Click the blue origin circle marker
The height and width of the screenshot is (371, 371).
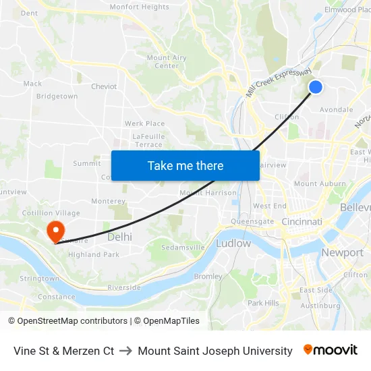point(315,87)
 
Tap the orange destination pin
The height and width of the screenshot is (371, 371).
point(55,231)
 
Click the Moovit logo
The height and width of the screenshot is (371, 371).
point(331,350)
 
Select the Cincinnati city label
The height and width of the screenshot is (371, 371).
point(302,222)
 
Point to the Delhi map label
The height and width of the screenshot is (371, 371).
point(119,237)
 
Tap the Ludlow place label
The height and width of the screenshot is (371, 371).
point(233,243)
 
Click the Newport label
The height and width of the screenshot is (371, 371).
point(342,252)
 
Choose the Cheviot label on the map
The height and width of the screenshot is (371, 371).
point(104,86)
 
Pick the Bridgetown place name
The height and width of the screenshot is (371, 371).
point(57,96)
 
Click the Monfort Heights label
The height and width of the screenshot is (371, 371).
point(139,7)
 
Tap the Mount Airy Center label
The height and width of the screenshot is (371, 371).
point(167,62)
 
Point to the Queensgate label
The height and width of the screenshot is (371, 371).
point(252,221)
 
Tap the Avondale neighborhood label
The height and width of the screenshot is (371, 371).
point(336,109)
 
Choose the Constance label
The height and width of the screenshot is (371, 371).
point(56,296)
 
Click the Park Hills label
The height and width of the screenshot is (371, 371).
point(263,303)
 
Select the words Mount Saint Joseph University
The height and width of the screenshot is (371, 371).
point(215,351)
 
